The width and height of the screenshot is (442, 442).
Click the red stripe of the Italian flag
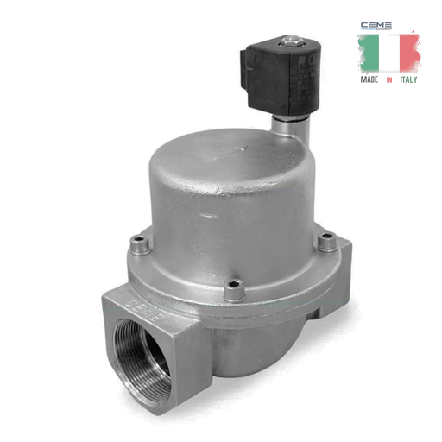(x=408, y=54)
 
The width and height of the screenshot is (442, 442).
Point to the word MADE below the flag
(x=369, y=79)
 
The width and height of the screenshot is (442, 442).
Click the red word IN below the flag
(x=389, y=79)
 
